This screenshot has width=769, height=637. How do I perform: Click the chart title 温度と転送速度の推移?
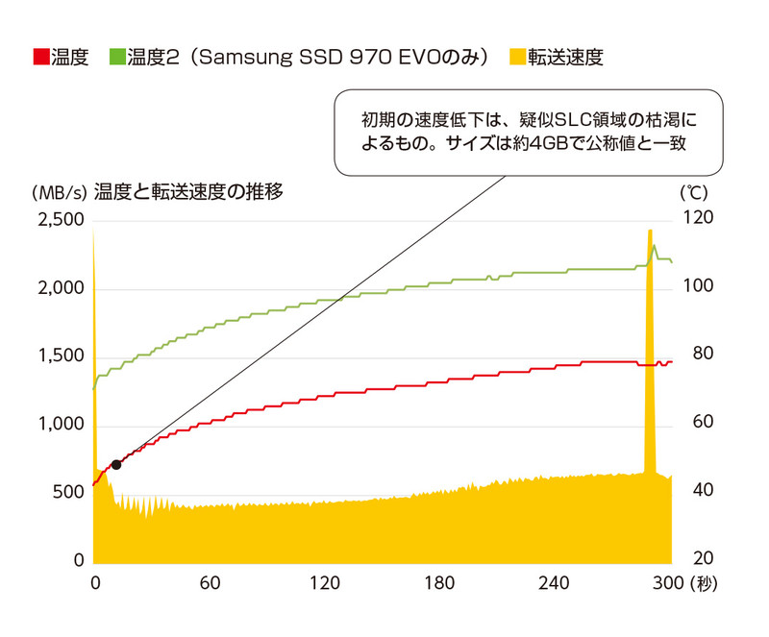tap(188, 191)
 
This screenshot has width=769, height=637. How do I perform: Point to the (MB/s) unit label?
tap(59, 192)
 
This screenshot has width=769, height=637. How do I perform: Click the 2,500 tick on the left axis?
tap(58, 221)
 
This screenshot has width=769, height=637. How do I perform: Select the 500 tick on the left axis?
tap(68, 494)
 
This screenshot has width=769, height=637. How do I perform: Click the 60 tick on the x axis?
tap(210, 584)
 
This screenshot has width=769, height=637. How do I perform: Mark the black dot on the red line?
tap(116, 464)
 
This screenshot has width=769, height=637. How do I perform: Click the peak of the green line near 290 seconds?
tap(655, 246)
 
